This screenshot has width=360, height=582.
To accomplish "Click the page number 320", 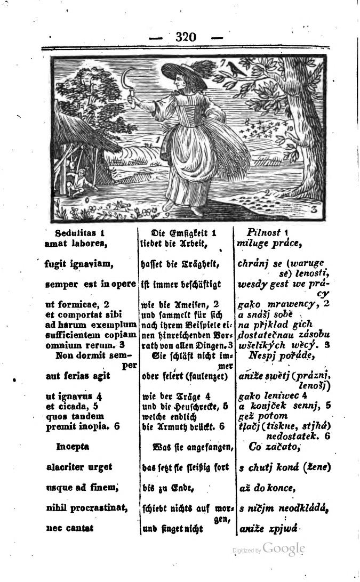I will pos(186,37).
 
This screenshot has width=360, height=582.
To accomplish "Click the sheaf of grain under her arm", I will pos(211,144).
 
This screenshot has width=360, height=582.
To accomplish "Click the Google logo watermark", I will pos(284,549).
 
